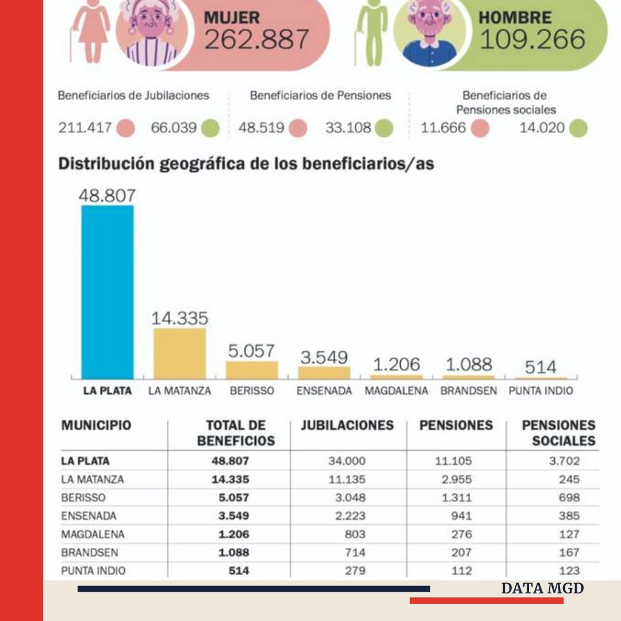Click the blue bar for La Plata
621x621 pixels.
(108, 292)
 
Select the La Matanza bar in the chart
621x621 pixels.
(179, 353)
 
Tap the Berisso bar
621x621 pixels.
(252, 370)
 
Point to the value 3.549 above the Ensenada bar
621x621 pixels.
(324, 357)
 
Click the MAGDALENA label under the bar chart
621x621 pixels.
(396, 391)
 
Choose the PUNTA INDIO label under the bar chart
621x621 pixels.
(540, 391)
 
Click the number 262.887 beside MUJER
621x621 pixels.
(256, 40)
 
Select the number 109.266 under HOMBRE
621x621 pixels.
(532, 40)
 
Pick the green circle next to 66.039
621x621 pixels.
(211, 128)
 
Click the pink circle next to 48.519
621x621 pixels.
(298, 128)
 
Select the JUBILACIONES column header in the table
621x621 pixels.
(347, 425)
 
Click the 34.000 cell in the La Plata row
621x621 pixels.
(347, 461)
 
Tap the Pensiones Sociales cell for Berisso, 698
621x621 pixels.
(569, 498)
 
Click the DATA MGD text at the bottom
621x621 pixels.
(542, 588)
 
